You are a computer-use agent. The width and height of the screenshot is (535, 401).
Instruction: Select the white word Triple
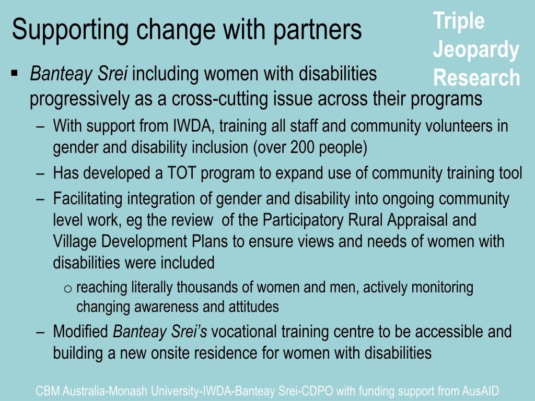pyautogui.click(x=459, y=21)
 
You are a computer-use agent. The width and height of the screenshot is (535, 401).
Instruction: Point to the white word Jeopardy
pyautogui.click(x=476, y=50)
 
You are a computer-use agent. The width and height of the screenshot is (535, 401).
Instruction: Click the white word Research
pyautogui.click(x=476, y=77)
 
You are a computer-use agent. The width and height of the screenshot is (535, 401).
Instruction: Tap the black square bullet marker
pyautogui.click(x=14, y=73)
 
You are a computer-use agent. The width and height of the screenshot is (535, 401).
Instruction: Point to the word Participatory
pyautogui.click(x=303, y=220)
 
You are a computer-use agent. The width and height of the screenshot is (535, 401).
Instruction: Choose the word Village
pyautogui.click(x=75, y=241)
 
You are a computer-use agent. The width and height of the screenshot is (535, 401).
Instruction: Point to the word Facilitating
pyautogui.click(x=88, y=199)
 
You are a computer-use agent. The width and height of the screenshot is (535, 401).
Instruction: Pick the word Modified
pyautogui.click(x=80, y=332)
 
